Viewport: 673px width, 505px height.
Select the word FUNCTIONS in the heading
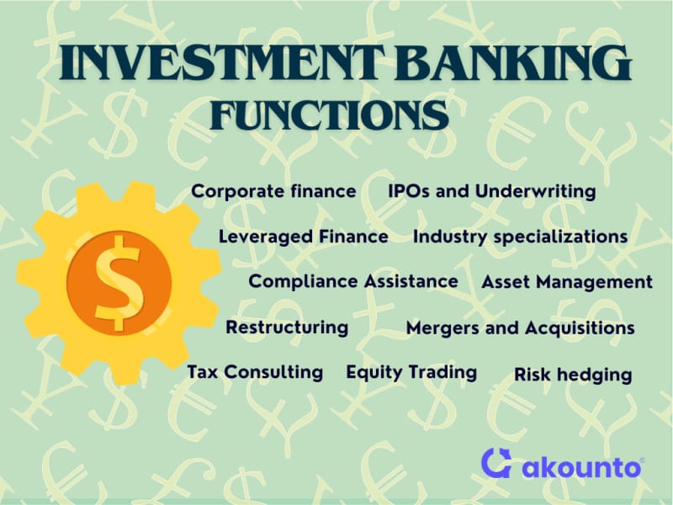coord(329,115)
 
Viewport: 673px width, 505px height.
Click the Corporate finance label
coord(273,191)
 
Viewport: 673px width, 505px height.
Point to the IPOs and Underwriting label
coord(492,192)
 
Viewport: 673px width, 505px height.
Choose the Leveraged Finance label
coord(304,237)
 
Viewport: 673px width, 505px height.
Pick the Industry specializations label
coord(520,237)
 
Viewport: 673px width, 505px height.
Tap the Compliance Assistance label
coord(353,282)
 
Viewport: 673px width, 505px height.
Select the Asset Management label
coord(567,283)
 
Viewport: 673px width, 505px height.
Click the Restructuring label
coord(287,327)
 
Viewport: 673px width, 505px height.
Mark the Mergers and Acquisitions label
coord(520,328)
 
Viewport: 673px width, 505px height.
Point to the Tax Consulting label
coord(255,372)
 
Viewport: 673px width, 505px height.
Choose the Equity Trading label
coord(411,372)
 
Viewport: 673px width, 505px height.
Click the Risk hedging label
coord(573,375)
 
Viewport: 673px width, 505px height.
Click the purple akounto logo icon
coord(497,462)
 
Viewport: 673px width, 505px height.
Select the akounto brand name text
coord(582,467)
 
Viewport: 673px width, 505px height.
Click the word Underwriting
coord(536,192)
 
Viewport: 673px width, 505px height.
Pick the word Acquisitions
coord(580,328)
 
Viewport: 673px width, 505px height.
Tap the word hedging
coord(595,375)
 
